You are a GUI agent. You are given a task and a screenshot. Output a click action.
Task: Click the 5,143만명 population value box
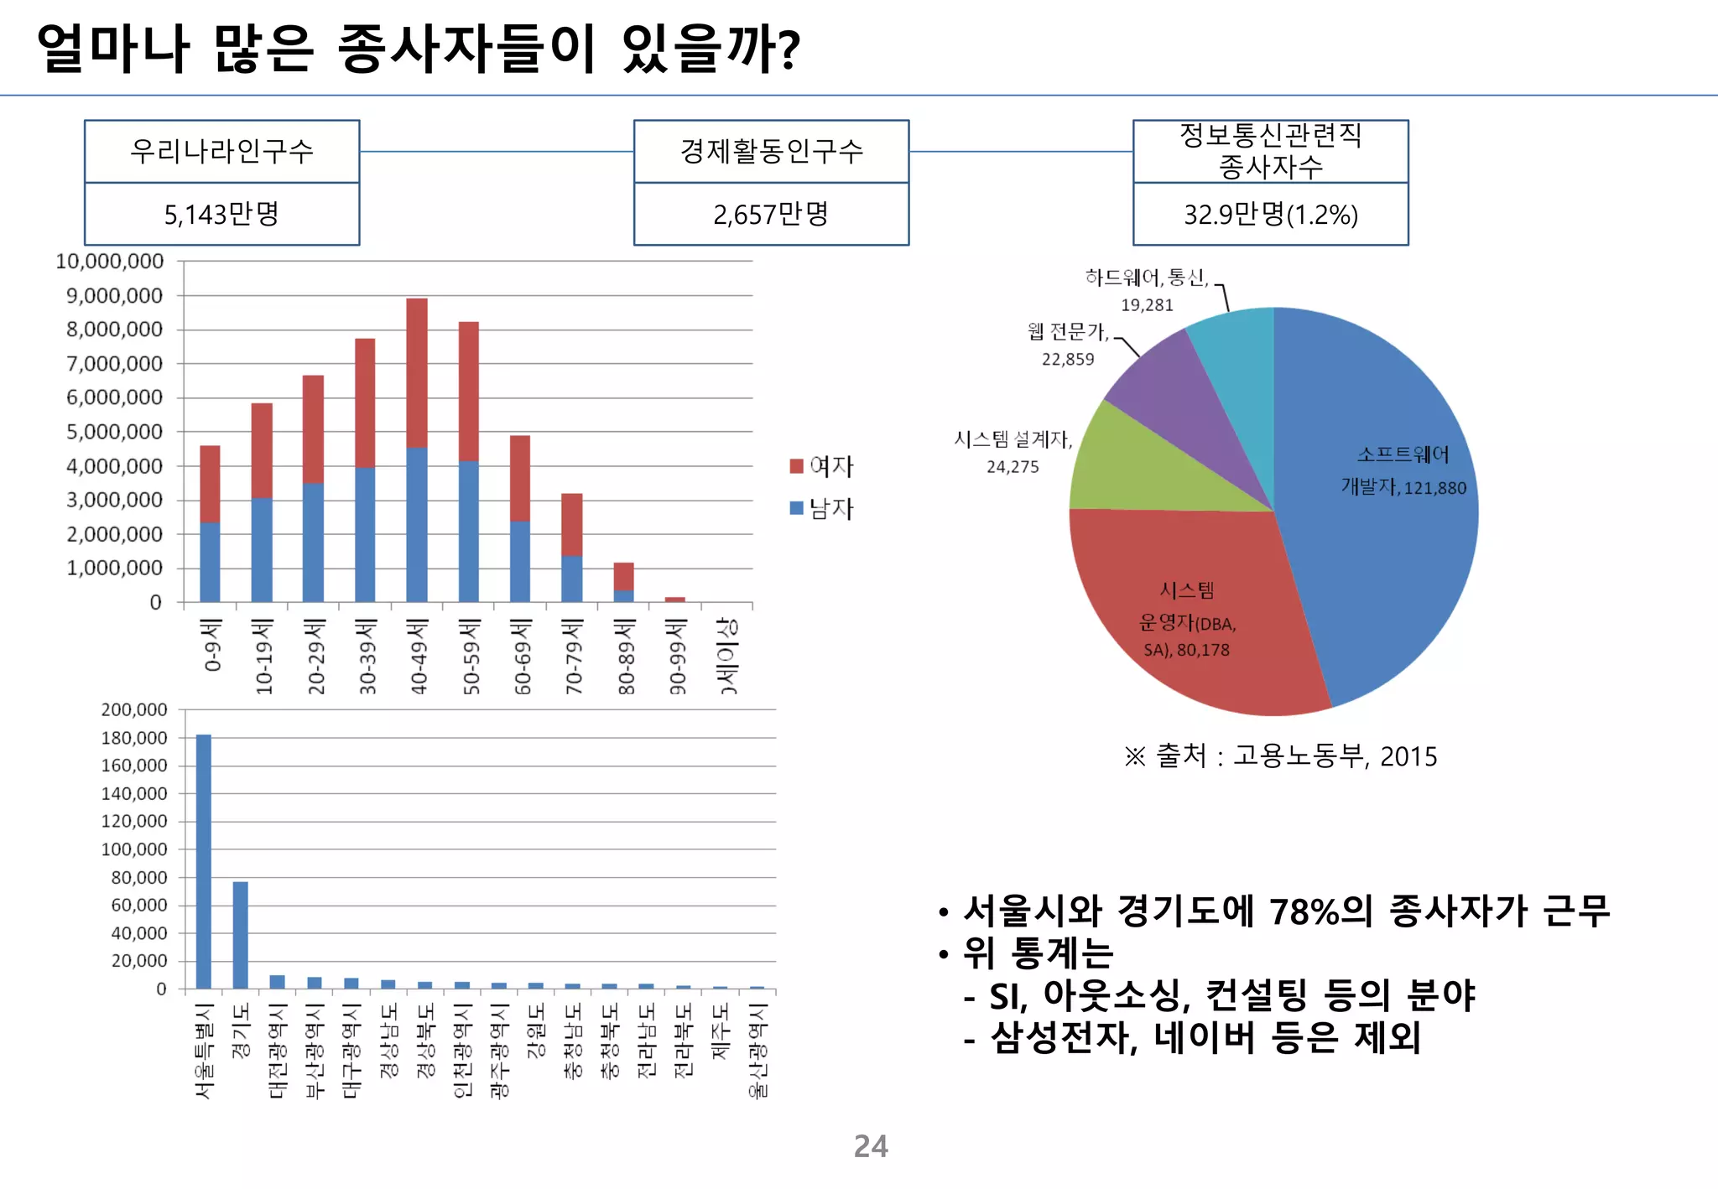221,215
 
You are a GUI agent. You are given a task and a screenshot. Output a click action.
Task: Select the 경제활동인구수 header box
771,152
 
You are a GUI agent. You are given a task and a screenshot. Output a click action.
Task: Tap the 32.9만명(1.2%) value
1270,215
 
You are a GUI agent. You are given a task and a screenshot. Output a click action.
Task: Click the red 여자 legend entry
821,466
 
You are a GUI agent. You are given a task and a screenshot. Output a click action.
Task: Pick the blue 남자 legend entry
821,508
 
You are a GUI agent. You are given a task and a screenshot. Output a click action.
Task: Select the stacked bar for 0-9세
210,524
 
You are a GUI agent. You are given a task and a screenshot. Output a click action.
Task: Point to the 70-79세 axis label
573,657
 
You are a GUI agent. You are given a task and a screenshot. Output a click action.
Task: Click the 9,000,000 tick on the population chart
114,295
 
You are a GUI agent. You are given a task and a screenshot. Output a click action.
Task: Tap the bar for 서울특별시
204,862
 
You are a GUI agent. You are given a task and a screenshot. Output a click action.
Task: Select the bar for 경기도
241,935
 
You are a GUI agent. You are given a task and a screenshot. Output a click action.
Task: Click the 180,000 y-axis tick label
134,738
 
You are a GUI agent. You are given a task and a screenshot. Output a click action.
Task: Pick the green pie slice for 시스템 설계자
1132,470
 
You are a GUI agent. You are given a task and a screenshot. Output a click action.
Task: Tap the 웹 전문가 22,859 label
1068,345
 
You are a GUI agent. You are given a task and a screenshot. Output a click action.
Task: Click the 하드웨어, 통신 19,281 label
1147,290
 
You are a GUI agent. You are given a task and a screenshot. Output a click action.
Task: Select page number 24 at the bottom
871,1146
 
